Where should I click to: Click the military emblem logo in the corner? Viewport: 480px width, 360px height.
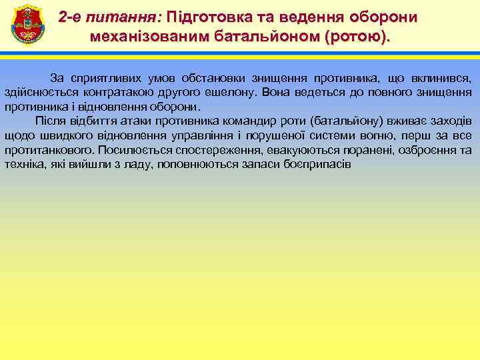pyautogui.click(x=27, y=25)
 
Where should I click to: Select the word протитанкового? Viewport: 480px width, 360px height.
pyautogui.click(x=49, y=149)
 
